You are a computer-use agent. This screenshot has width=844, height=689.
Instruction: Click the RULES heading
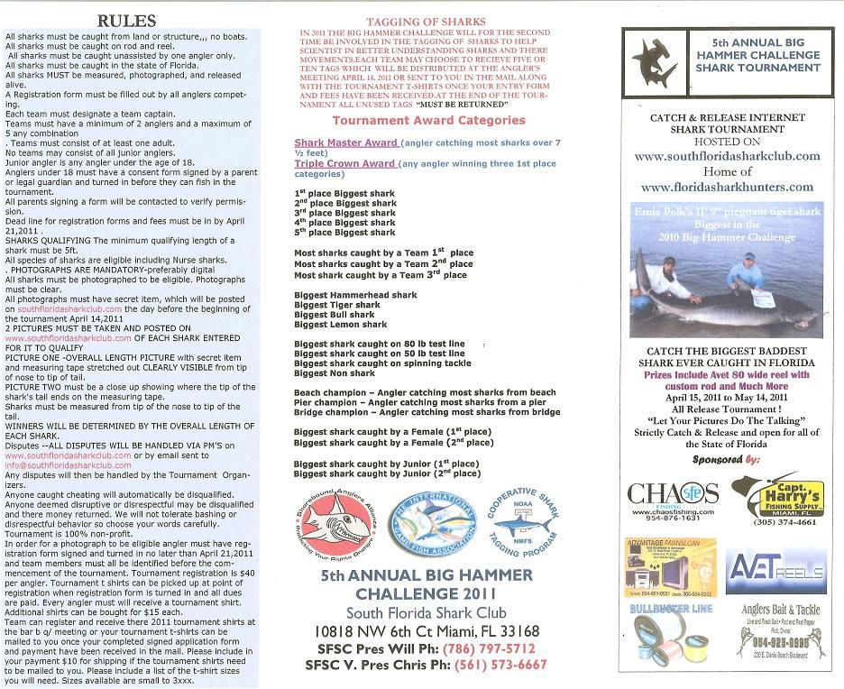(125, 21)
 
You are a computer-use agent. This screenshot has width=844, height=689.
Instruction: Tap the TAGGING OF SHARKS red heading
(426, 21)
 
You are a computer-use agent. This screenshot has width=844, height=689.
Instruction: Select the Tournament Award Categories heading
(428, 120)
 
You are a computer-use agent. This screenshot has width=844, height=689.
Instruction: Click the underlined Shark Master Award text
(345, 142)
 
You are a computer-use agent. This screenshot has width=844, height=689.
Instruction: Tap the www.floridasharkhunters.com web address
(727, 187)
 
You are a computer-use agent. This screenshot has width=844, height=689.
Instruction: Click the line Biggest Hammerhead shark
(355, 295)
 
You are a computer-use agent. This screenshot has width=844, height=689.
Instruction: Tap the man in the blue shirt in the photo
(748, 274)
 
